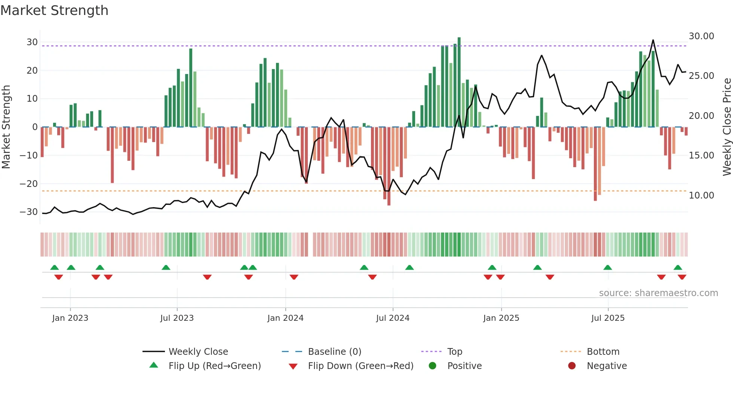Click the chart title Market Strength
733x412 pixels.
click(x=54, y=10)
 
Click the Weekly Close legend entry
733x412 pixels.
click(x=198, y=352)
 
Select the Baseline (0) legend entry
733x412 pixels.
click(x=334, y=352)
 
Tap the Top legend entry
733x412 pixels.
click(x=454, y=352)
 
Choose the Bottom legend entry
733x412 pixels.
click(x=603, y=352)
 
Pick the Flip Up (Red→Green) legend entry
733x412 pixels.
click(x=214, y=366)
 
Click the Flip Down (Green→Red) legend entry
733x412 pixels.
click(x=361, y=366)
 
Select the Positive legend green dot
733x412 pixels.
click(x=433, y=366)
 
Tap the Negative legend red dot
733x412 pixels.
click(x=572, y=366)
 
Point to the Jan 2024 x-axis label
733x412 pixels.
click(x=285, y=318)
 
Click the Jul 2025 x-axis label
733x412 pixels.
click(x=608, y=318)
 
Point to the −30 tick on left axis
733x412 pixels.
click(x=29, y=212)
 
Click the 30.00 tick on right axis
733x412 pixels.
click(x=701, y=36)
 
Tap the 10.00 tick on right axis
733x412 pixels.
click(x=701, y=196)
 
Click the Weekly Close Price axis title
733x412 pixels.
click(x=727, y=127)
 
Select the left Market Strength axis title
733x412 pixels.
click(x=6, y=127)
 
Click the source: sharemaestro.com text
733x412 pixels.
click(x=658, y=293)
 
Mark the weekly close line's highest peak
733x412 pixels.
click(x=653, y=40)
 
